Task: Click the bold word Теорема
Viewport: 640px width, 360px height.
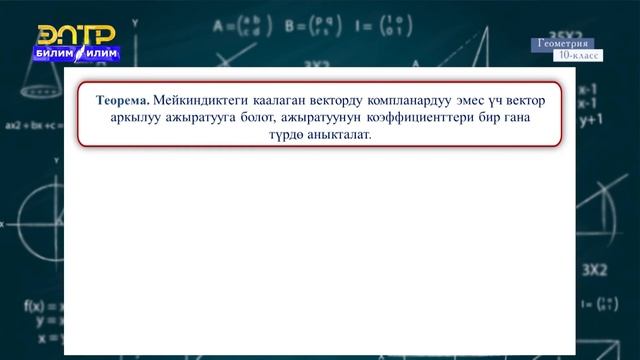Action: coord(123,101)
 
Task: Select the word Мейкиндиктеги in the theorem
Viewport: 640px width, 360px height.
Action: coord(197,101)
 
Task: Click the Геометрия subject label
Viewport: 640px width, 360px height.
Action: coord(562,44)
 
